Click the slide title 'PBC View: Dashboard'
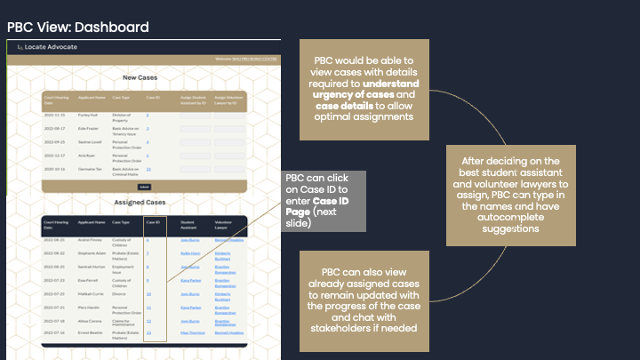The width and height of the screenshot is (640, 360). coord(78,28)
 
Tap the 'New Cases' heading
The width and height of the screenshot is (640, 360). coord(141,78)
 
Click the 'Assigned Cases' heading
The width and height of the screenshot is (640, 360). coord(141,203)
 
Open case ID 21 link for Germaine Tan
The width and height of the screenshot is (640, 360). coord(149,169)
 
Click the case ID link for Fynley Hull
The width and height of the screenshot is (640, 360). coord(148,116)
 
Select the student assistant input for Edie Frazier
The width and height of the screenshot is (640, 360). coord(198,129)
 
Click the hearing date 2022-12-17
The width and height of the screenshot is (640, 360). coord(55,156)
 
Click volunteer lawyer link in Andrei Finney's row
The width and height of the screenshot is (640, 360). coord(228,240)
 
